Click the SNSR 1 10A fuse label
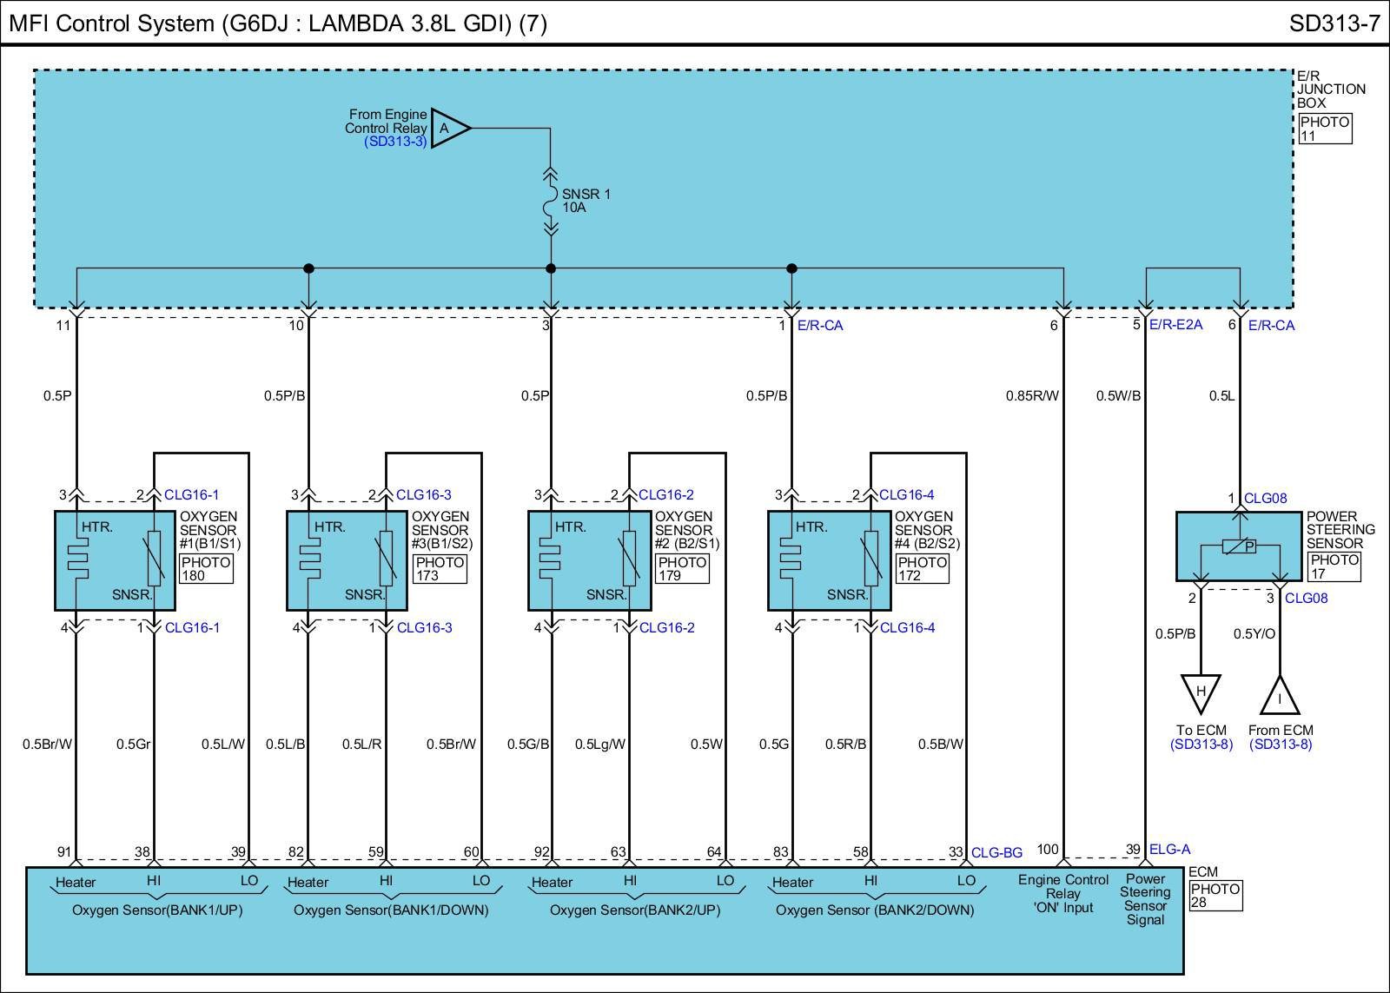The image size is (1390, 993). [586, 201]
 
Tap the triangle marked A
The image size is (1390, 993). [447, 129]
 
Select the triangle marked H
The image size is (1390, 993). [1201, 692]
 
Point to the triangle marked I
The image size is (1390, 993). [1280, 698]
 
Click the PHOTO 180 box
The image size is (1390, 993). [206, 568]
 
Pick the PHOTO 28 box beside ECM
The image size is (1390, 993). [1215, 896]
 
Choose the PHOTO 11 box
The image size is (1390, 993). [1325, 129]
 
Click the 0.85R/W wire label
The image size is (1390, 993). [1032, 396]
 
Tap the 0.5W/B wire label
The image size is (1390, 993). [1118, 396]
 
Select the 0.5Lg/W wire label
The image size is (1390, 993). [600, 744]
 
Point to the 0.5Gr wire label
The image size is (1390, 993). [134, 744]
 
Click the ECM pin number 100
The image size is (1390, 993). [1048, 849]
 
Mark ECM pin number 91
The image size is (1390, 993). [64, 852]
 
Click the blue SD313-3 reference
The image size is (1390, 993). [395, 142]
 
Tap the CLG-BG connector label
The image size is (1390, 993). [996, 853]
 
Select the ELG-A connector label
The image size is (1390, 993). [1169, 850]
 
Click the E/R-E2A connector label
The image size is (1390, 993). [1175, 325]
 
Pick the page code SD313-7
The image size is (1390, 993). [1334, 23]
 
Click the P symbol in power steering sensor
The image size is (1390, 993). [1248, 546]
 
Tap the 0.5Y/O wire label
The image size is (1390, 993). [1254, 633]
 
